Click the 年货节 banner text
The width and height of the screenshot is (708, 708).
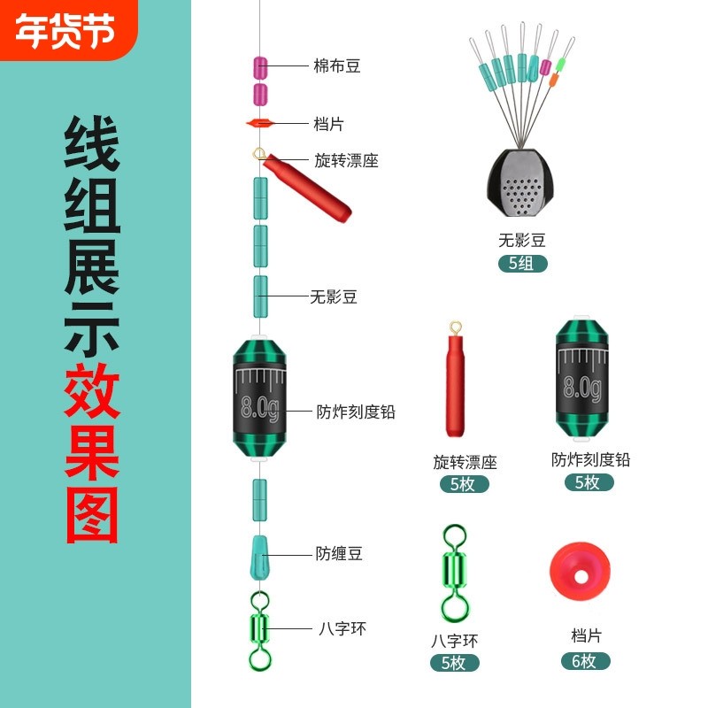(65, 31)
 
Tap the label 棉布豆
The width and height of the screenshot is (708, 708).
(337, 65)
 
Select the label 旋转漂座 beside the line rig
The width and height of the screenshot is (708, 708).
(346, 161)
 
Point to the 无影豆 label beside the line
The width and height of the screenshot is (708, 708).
(334, 297)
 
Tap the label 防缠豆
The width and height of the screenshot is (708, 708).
(339, 554)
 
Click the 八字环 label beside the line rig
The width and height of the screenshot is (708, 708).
(342, 629)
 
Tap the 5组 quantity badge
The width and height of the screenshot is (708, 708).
(522, 263)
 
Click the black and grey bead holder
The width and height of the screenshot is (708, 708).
(522, 187)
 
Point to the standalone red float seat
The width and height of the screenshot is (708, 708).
(454, 381)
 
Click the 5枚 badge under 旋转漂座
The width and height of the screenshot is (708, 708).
(465, 484)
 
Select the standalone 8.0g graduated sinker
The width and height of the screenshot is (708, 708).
(581, 381)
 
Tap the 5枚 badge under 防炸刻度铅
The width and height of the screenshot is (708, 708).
(589, 482)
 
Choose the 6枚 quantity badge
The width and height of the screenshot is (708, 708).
(586, 661)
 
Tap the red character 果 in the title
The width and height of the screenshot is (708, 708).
(91, 452)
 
